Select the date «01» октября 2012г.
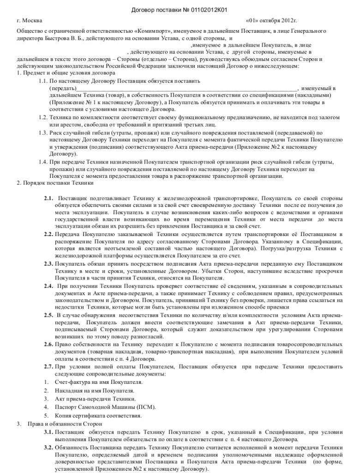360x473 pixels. pos(271,21)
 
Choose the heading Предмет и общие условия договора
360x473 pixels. pos(66,73)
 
